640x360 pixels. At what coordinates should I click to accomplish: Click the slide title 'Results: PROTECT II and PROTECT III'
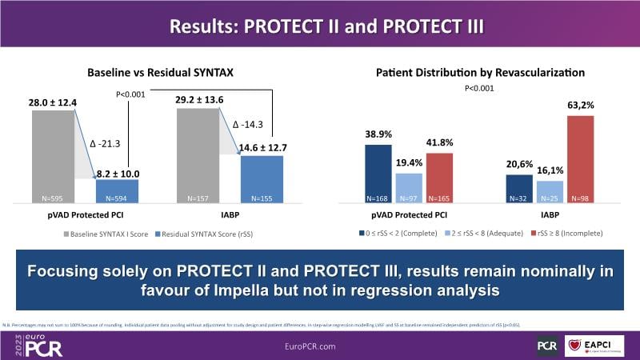pyautogui.click(x=320, y=25)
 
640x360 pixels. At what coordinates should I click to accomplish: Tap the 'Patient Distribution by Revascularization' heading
pyautogui.click(x=481, y=73)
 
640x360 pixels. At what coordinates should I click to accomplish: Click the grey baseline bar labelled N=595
pyautogui.click(x=53, y=156)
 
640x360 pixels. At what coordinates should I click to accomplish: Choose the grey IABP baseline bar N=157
pyautogui.click(x=198, y=156)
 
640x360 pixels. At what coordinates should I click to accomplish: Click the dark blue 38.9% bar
pyautogui.click(x=378, y=174)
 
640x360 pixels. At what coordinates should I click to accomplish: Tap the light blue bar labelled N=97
pyautogui.click(x=408, y=189)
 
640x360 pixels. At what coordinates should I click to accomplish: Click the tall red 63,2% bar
pyautogui.click(x=582, y=159)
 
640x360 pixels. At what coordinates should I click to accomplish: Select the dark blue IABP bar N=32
pyautogui.click(x=519, y=189)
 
